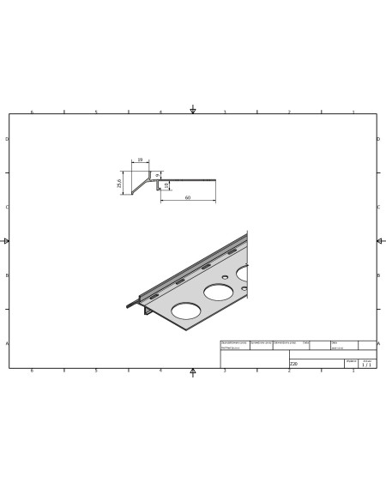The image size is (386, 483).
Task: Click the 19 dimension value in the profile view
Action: coord(139,160)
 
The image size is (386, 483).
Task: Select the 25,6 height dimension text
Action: coord(120,183)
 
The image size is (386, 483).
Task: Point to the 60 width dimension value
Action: coord(187,198)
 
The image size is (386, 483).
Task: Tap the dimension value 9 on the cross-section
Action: coord(158,175)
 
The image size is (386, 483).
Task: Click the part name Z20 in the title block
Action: coord(294,364)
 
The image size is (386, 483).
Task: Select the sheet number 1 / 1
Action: coord(367,365)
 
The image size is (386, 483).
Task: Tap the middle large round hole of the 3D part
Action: coord(217,293)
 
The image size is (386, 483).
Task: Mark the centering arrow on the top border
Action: coord(193,111)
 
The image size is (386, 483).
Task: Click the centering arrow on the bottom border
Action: coord(193,371)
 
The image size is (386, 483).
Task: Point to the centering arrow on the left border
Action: coord(7,241)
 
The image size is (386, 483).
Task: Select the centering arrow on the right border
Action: coord(379,241)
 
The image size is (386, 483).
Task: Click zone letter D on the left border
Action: coord(7,139)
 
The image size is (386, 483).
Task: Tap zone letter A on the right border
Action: coord(379,343)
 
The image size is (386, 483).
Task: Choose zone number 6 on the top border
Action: coord(33,112)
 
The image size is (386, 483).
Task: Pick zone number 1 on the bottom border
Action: coord(353,371)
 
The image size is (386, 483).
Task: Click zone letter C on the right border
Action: coord(379,207)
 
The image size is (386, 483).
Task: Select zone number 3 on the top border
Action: coord(225,112)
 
